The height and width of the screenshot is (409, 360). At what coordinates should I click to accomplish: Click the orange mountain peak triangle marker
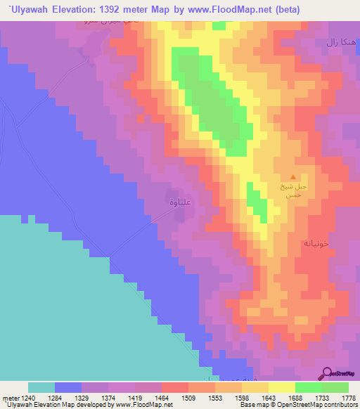click(293, 176)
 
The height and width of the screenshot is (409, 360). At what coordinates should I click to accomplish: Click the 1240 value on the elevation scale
click(26, 397)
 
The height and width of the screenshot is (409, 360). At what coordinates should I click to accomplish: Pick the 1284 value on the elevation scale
click(55, 397)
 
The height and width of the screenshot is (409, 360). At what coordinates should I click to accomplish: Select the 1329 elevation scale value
click(82, 397)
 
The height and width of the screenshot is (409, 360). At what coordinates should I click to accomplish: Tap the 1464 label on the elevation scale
click(162, 397)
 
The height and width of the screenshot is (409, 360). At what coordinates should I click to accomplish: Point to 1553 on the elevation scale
click(215, 397)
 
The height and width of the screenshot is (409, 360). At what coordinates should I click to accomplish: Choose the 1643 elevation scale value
click(269, 397)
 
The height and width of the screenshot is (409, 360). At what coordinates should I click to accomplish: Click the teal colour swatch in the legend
click(41, 387)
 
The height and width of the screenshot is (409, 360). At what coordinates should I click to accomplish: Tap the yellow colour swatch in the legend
click(282, 387)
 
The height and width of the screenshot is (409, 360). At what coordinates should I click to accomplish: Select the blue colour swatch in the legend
click(68, 387)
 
